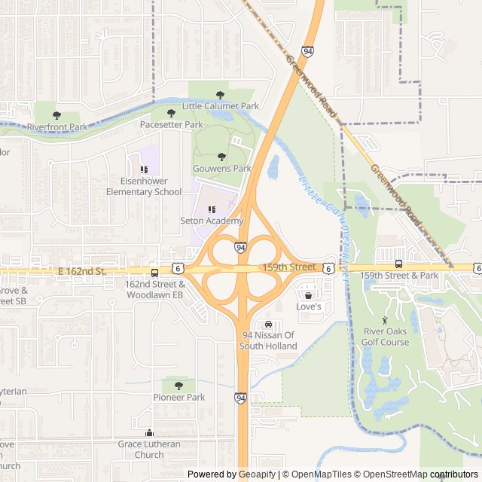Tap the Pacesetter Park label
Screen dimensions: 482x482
171,124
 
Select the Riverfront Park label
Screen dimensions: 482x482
57,127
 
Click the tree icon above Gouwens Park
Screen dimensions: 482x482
221,157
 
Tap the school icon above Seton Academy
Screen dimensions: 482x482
212,209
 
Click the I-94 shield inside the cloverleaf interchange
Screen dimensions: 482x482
239,247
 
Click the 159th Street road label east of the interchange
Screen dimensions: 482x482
289,267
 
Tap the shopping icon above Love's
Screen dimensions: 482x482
308,295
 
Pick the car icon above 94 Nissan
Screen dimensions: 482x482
269,324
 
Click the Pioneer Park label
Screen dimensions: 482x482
179,397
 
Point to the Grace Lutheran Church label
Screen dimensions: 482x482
149,449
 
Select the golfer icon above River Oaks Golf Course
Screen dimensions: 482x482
386,320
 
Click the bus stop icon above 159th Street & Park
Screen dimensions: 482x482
398,264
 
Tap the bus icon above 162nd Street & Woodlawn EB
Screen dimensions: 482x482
154,273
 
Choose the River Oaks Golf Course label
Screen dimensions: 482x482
386,337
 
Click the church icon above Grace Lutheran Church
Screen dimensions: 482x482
149,433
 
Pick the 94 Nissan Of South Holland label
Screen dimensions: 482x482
269,340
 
